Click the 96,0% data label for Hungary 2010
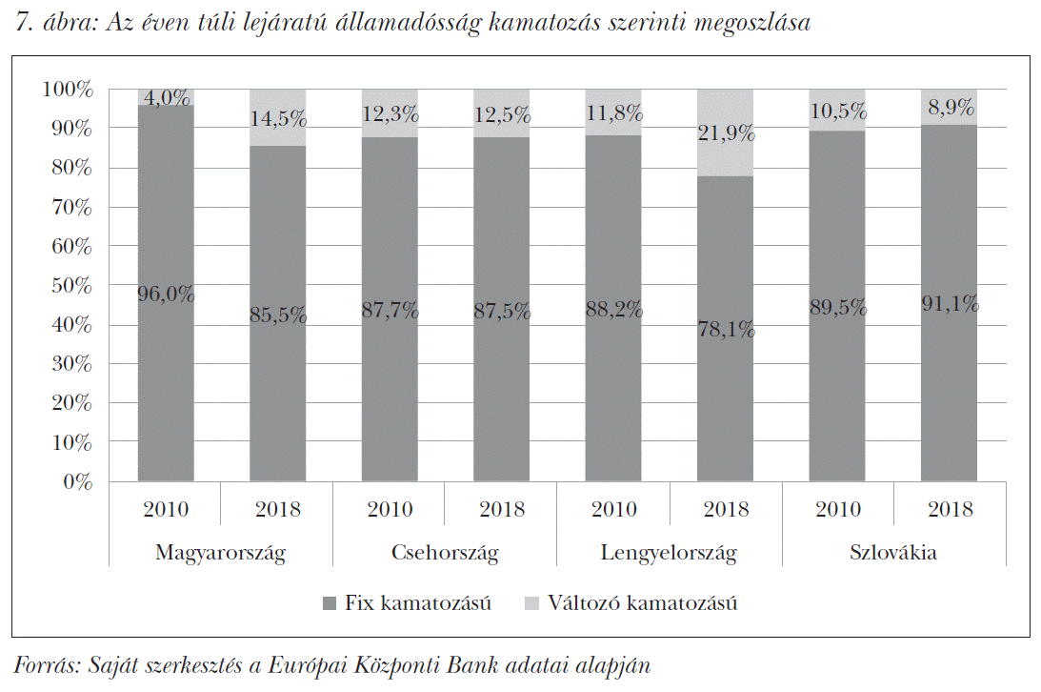point(166,295)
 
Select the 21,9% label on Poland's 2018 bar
point(726,133)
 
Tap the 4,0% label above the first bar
point(166,97)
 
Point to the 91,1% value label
point(950,304)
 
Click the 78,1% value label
point(726,330)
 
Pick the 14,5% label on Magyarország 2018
point(278,119)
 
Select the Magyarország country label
point(220,553)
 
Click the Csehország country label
point(445,553)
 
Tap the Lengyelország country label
point(669,553)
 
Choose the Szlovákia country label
point(893,553)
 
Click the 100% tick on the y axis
point(69,90)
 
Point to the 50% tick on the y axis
point(72,286)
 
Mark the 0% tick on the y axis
point(78,482)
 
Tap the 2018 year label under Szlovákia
point(950,509)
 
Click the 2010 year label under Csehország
point(390,509)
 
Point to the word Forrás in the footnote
point(44,665)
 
